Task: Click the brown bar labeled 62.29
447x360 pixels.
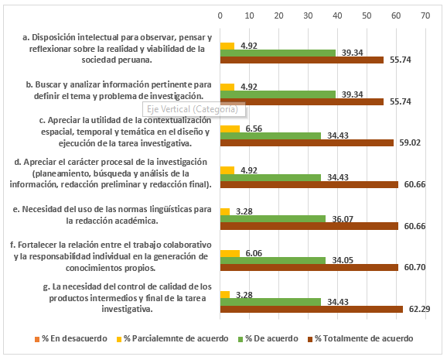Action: pos(312,309)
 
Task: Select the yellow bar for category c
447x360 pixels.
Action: pos(230,129)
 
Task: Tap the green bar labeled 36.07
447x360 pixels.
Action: pos(273,219)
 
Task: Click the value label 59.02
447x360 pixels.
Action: pos(410,142)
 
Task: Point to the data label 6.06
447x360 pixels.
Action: pos(254,253)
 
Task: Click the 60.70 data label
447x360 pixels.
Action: pos(415,267)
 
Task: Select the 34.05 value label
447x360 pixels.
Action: pos(343,260)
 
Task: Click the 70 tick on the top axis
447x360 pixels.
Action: pos(425,15)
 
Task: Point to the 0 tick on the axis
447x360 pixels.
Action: pos(220,15)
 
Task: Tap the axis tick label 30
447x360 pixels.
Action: pos(308,15)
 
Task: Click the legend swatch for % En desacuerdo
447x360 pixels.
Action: pos(37,339)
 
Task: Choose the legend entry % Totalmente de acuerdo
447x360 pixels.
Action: pos(360,338)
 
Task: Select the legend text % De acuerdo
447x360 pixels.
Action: pos(268,338)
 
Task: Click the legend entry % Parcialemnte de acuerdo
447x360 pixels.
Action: pos(172,338)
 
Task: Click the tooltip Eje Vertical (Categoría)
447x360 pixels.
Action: pos(193,109)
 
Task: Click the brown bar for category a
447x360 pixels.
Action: pos(302,60)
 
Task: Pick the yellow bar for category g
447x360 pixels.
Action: pos(225,295)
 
